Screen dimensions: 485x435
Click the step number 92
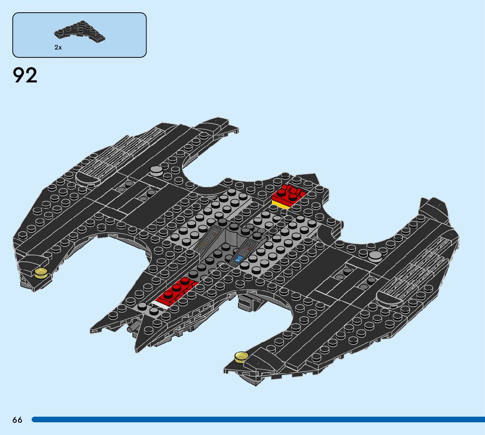[25, 75]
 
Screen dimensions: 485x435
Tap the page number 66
[17, 420]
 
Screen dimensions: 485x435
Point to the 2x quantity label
[58, 47]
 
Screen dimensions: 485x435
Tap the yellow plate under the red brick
[281, 204]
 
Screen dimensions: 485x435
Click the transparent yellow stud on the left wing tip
[41, 273]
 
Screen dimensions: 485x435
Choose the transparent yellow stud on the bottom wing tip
[241, 357]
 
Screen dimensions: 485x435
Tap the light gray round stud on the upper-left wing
[156, 171]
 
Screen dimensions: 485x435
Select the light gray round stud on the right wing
[375, 257]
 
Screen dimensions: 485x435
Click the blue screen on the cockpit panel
[239, 259]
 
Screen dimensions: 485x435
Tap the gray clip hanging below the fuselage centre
[248, 303]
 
